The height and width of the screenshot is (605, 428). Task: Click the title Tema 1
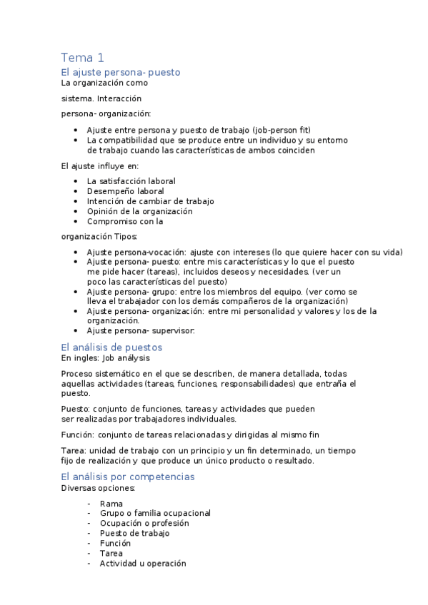82,58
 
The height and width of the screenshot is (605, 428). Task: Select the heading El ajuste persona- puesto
121,72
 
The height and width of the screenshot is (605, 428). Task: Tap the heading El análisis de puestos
111,347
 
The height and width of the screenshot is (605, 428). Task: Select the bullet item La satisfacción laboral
131,181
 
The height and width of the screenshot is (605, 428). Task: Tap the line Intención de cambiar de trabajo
150,201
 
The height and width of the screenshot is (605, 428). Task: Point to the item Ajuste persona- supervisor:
140,330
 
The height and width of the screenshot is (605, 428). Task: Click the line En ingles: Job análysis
105,357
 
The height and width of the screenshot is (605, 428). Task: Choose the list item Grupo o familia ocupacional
155,513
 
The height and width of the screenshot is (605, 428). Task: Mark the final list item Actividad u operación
143,563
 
